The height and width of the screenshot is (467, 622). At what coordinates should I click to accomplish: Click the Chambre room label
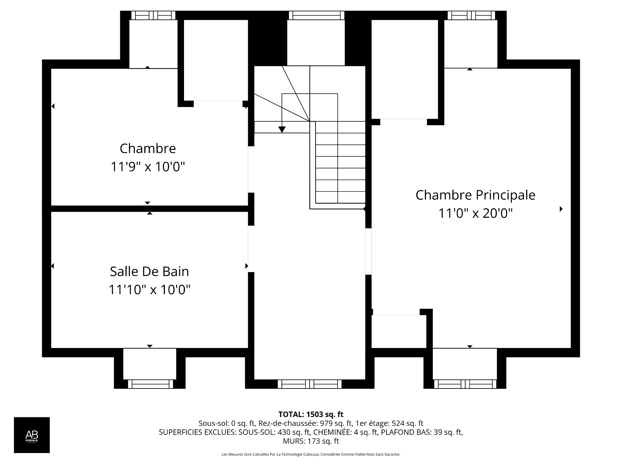click(x=148, y=149)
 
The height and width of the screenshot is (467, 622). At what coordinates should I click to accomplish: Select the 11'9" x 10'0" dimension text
click(x=148, y=167)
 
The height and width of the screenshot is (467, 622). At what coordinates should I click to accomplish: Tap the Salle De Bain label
click(x=149, y=271)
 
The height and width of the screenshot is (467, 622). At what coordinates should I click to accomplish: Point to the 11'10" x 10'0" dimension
click(x=149, y=289)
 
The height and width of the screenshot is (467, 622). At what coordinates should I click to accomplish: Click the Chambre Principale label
click(x=475, y=195)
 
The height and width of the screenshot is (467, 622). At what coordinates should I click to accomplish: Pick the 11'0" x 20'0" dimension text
click(x=475, y=213)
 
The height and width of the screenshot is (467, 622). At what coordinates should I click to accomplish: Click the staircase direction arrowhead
click(x=282, y=129)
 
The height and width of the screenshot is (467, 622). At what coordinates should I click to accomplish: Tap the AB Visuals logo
click(x=32, y=435)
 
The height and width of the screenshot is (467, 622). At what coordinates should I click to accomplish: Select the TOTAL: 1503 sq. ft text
click(x=311, y=414)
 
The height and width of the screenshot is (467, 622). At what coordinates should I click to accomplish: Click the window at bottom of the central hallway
click(x=310, y=384)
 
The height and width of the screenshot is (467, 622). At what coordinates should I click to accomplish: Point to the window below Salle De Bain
click(x=150, y=384)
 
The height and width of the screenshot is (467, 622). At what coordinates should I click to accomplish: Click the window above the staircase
click(x=316, y=15)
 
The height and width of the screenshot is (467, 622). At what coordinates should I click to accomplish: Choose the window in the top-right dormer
click(x=471, y=15)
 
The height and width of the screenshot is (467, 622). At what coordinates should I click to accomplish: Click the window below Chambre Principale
click(x=465, y=384)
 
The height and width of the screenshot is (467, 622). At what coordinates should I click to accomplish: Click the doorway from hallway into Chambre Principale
click(x=368, y=252)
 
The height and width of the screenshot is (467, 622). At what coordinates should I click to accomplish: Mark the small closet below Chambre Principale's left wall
click(x=398, y=331)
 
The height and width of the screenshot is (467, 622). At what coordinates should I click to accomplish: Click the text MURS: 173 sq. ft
click(x=311, y=441)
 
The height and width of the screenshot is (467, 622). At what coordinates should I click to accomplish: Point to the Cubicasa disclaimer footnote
click(x=311, y=454)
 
